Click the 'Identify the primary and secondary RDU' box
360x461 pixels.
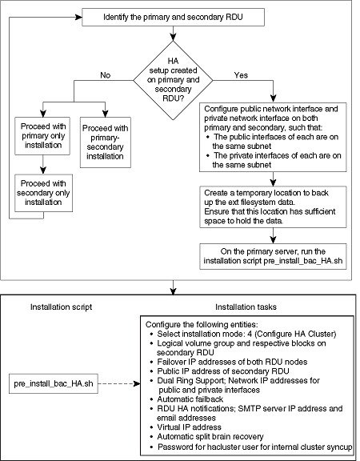tap(173, 17)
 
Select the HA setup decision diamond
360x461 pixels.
tap(173, 80)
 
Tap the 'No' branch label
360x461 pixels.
tap(106, 75)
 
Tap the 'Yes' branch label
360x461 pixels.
tap(241, 75)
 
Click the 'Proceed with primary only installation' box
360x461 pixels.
tap(42, 136)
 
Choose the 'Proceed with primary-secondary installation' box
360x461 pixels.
tap(106, 142)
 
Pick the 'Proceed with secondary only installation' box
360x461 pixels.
tap(43, 193)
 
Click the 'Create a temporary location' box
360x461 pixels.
tap(273, 206)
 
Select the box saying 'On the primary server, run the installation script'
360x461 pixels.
tap(273, 256)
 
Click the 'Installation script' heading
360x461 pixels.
tap(61, 307)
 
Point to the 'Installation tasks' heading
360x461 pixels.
tap(246, 307)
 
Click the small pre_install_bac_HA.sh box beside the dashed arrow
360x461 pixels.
tap(53, 383)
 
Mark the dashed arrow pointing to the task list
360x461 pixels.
tap(119, 383)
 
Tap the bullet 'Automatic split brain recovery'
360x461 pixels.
tap(206, 436)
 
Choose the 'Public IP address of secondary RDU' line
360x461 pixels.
tap(219, 371)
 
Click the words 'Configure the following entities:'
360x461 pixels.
tap(202, 325)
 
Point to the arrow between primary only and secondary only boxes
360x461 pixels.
tap(43, 165)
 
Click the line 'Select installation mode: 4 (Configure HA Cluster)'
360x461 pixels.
tap(243, 334)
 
